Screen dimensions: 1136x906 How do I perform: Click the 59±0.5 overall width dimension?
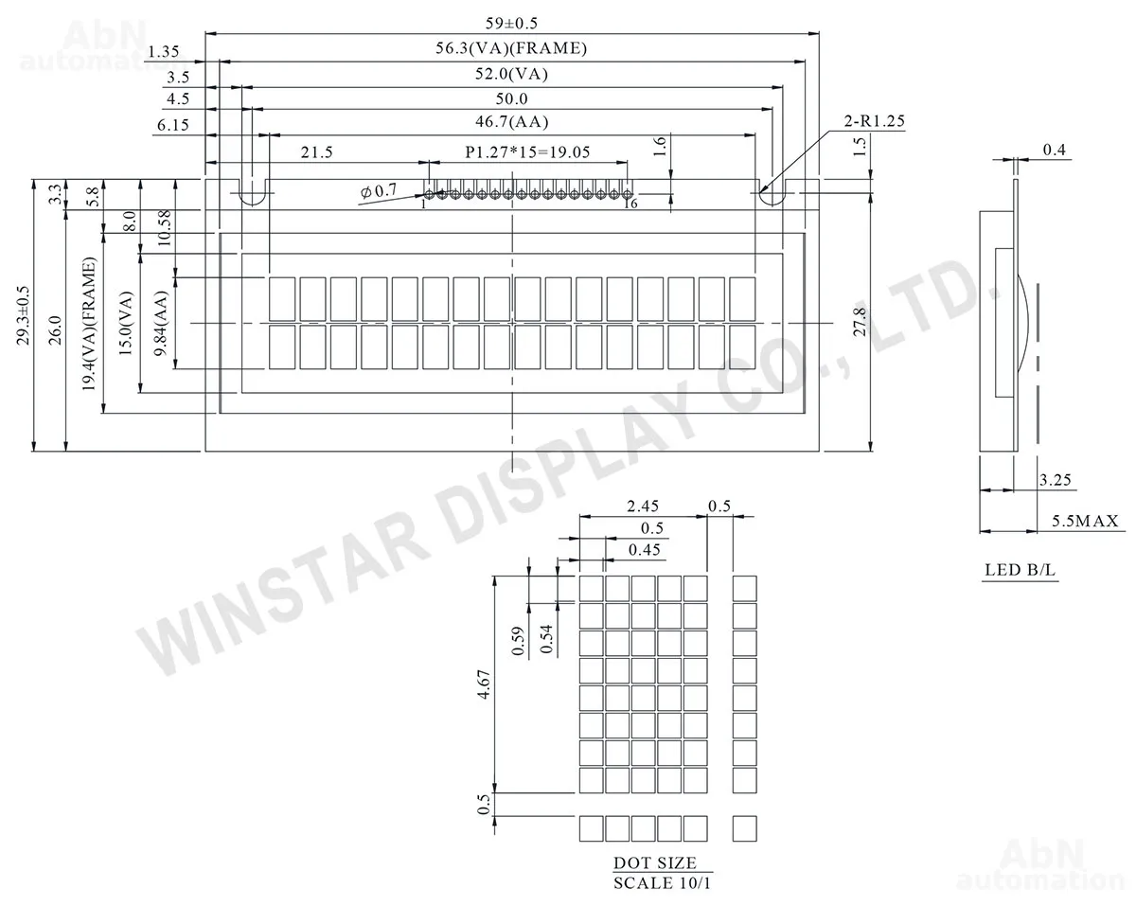(x=511, y=24)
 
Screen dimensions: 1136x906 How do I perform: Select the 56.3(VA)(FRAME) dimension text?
(x=511, y=48)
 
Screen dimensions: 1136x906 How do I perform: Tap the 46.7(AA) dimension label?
(x=511, y=122)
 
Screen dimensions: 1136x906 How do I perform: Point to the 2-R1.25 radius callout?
(x=874, y=121)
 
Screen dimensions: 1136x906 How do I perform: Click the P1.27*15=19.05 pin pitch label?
(x=527, y=152)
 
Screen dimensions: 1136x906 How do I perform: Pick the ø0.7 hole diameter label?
(x=378, y=190)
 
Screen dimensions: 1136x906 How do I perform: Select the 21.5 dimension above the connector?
(x=317, y=152)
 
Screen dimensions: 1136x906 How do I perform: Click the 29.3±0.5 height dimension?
(x=24, y=315)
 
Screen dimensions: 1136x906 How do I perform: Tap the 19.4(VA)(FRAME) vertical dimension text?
(x=89, y=324)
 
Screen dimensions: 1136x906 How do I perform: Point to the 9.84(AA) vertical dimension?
(x=161, y=323)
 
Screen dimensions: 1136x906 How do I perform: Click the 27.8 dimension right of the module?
(x=860, y=322)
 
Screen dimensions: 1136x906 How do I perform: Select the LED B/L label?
(x=1020, y=570)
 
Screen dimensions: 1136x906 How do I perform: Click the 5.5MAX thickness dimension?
(x=1085, y=521)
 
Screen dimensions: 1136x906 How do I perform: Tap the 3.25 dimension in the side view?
(x=1056, y=480)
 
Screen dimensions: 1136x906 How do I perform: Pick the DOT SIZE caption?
(x=654, y=862)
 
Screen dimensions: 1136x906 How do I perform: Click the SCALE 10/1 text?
(x=662, y=882)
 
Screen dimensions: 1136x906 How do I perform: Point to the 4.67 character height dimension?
(x=484, y=684)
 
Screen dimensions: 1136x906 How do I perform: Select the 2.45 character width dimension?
(x=643, y=506)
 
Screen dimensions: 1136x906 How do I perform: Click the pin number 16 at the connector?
(x=630, y=204)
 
